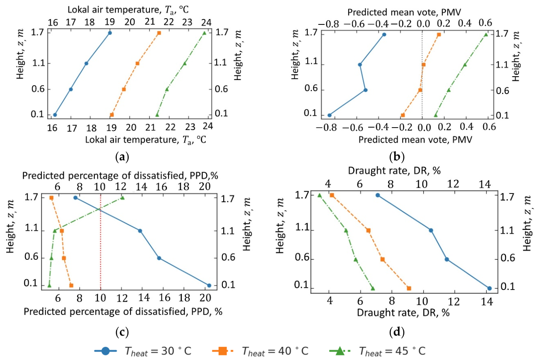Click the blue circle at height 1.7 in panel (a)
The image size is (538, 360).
pyautogui.click(x=110, y=33)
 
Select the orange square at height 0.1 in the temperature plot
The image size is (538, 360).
pyautogui.click(x=112, y=115)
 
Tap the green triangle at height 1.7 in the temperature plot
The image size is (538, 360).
pyautogui.click(x=205, y=33)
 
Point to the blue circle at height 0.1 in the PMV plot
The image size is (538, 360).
pyautogui.click(x=330, y=115)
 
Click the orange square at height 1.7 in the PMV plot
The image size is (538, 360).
pyautogui.click(x=439, y=34)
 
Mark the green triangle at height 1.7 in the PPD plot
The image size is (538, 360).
pyautogui.click(x=123, y=198)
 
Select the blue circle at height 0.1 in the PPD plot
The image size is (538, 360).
pyautogui.click(x=209, y=285)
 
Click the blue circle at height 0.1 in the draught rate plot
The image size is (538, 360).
pyautogui.click(x=490, y=288)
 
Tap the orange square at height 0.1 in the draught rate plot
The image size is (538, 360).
pyautogui.click(x=409, y=288)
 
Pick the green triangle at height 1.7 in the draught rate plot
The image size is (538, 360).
pyautogui.click(x=319, y=195)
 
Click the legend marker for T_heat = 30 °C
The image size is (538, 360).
pyautogui.click(x=106, y=351)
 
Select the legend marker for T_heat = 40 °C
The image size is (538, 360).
pyautogui.click(x=222, y=351)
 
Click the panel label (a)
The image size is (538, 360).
pyautogui.click(x=122, y=157)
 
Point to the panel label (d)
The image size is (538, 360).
pyautogui.click(x=397, y=332)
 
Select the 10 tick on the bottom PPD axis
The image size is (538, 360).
pyautogui.click(x=100, y=298)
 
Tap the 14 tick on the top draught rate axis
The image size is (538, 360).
pyautogui.click(x=485, y=184)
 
